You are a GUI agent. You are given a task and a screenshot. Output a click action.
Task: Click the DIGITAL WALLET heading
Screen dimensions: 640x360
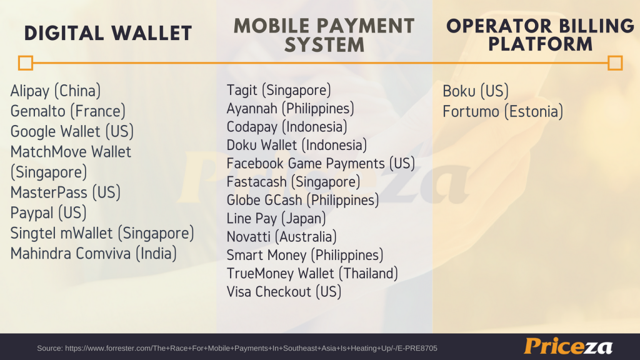[x=108, y=34]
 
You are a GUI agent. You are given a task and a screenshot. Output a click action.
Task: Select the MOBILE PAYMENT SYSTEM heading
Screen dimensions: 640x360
[x=324, y=35]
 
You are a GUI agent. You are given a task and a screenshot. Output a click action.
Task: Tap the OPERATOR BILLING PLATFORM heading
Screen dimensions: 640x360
[x=541, y=35]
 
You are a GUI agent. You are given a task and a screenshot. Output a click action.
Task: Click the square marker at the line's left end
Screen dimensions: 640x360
[x=25, y=63]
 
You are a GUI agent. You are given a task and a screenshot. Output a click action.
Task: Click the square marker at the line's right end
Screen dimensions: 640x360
[x=615, y=63]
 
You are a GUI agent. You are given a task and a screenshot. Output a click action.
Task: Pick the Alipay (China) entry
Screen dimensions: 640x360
[x=56, y=91]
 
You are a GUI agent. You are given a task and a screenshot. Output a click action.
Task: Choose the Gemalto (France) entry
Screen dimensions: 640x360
[x=67, y=111]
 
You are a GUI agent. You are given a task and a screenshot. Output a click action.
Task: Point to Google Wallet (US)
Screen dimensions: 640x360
[x=72, y=132]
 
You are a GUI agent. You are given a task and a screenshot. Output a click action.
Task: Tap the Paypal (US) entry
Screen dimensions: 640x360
[x=49, y=213]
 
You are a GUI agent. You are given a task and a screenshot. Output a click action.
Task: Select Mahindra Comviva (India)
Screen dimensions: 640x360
[x=94, y=254]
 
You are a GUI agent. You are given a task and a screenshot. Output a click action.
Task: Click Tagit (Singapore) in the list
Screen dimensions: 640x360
[x=279, y=90]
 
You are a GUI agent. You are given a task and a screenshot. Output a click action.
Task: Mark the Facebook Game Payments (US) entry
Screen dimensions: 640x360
[x=321, y=164]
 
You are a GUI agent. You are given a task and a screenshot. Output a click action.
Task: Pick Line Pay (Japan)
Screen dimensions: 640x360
[x=276, y=219]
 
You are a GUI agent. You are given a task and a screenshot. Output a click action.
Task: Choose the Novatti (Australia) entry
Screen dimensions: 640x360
[x=282, y=237]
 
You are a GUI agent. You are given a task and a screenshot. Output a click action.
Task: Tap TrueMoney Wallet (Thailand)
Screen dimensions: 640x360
[x=312, y=274]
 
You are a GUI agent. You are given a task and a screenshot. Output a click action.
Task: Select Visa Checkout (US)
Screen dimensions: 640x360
[x=284, y=292]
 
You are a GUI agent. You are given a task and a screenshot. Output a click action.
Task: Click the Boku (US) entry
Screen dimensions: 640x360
[x=476, y=91]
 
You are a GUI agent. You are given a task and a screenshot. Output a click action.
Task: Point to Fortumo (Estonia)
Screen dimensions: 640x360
[x=503, y=112]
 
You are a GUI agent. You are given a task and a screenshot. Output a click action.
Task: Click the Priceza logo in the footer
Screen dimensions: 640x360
[x=568, y=346]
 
